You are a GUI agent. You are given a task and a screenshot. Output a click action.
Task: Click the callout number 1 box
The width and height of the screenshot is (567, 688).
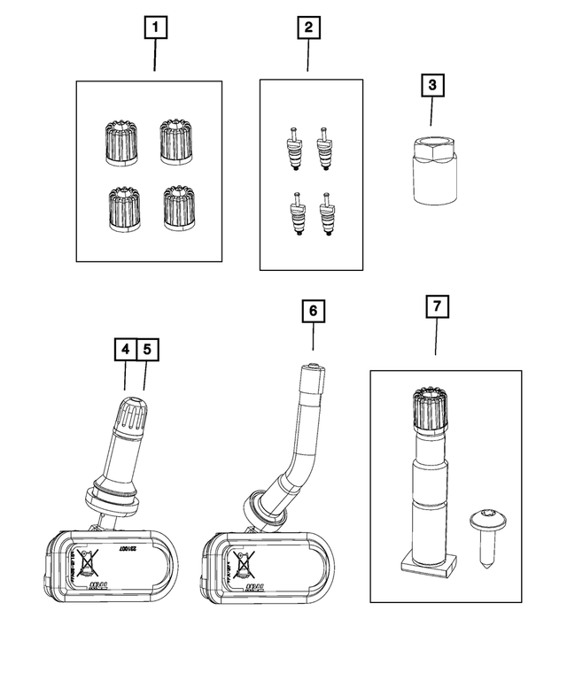tap(155, 29)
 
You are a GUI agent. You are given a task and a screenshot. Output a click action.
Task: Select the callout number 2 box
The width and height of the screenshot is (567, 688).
tap(307, 29)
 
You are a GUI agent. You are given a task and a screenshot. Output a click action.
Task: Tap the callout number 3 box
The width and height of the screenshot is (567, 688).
tap(431, 87)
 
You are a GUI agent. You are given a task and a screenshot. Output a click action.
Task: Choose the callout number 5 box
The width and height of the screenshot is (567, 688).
tap(146, 350)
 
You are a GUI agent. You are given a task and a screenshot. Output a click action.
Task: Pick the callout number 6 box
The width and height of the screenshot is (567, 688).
tap(314, 312)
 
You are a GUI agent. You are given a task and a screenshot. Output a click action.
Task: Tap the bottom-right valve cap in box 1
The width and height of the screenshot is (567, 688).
tap(180, 207)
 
